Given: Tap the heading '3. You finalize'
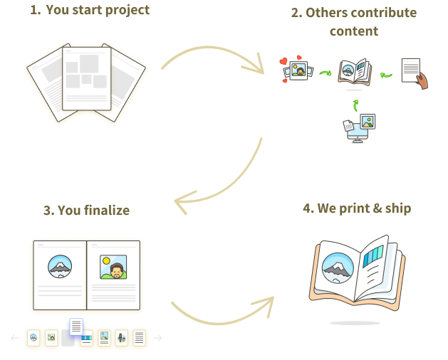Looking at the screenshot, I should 86,211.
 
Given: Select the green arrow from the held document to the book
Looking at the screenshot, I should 387,73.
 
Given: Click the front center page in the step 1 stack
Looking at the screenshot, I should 88,78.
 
